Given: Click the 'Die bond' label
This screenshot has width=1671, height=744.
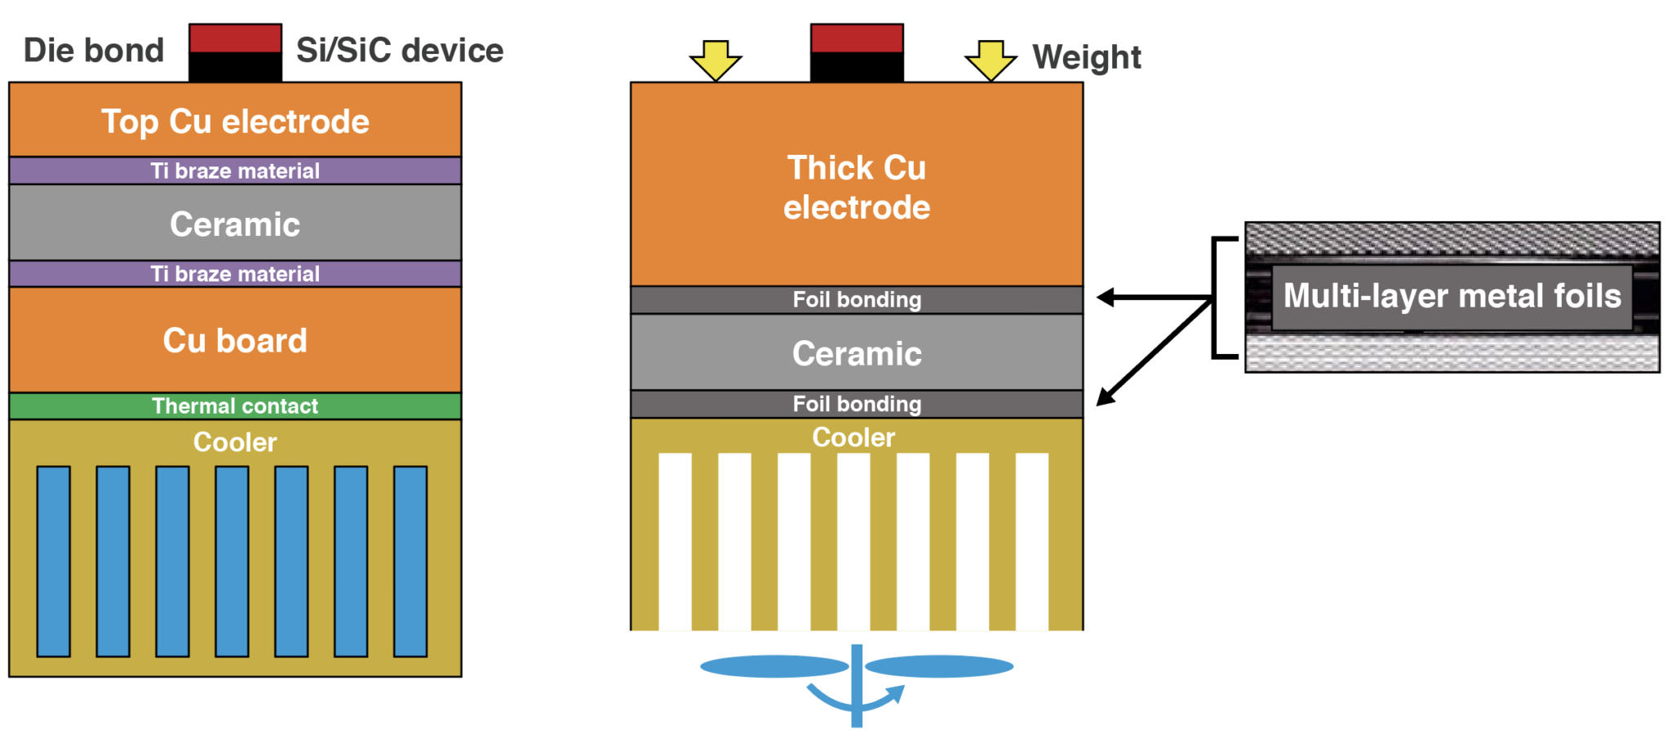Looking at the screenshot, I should [94, 51].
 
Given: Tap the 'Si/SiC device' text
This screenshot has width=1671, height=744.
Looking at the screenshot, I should [399, 51].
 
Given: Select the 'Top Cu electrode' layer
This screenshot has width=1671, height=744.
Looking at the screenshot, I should [235, 121].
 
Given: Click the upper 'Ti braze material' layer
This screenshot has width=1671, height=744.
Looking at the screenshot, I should [235, 170].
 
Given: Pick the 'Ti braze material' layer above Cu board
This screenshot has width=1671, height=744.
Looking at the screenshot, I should [235, 273].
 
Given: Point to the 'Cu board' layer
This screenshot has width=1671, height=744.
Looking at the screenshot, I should [235, 340].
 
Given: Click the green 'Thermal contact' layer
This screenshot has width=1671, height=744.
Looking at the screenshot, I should [235, 405].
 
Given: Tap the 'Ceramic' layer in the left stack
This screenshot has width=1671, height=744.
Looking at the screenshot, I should [235, 224].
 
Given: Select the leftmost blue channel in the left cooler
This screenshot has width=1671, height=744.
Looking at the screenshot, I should [54, 561].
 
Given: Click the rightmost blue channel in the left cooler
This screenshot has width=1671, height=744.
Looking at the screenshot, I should [410, 561].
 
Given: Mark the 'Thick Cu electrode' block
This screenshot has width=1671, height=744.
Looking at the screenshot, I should [857, 186].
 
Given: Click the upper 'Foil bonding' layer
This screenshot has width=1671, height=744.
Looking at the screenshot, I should [857, 299].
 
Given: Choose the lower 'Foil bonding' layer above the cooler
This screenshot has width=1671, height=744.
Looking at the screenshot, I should [857, 404].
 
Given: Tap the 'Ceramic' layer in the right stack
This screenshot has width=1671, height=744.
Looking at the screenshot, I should [857, 353].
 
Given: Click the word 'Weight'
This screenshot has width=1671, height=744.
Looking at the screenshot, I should [1086, 57].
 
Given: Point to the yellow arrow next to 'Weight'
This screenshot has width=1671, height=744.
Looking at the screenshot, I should [991, 60].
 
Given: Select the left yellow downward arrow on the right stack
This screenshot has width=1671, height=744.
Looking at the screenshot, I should [716, 60].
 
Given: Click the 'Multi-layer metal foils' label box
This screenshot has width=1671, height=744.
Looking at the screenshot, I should [1452, 296].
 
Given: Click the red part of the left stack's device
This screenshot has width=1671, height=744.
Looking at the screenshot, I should [235, 38].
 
